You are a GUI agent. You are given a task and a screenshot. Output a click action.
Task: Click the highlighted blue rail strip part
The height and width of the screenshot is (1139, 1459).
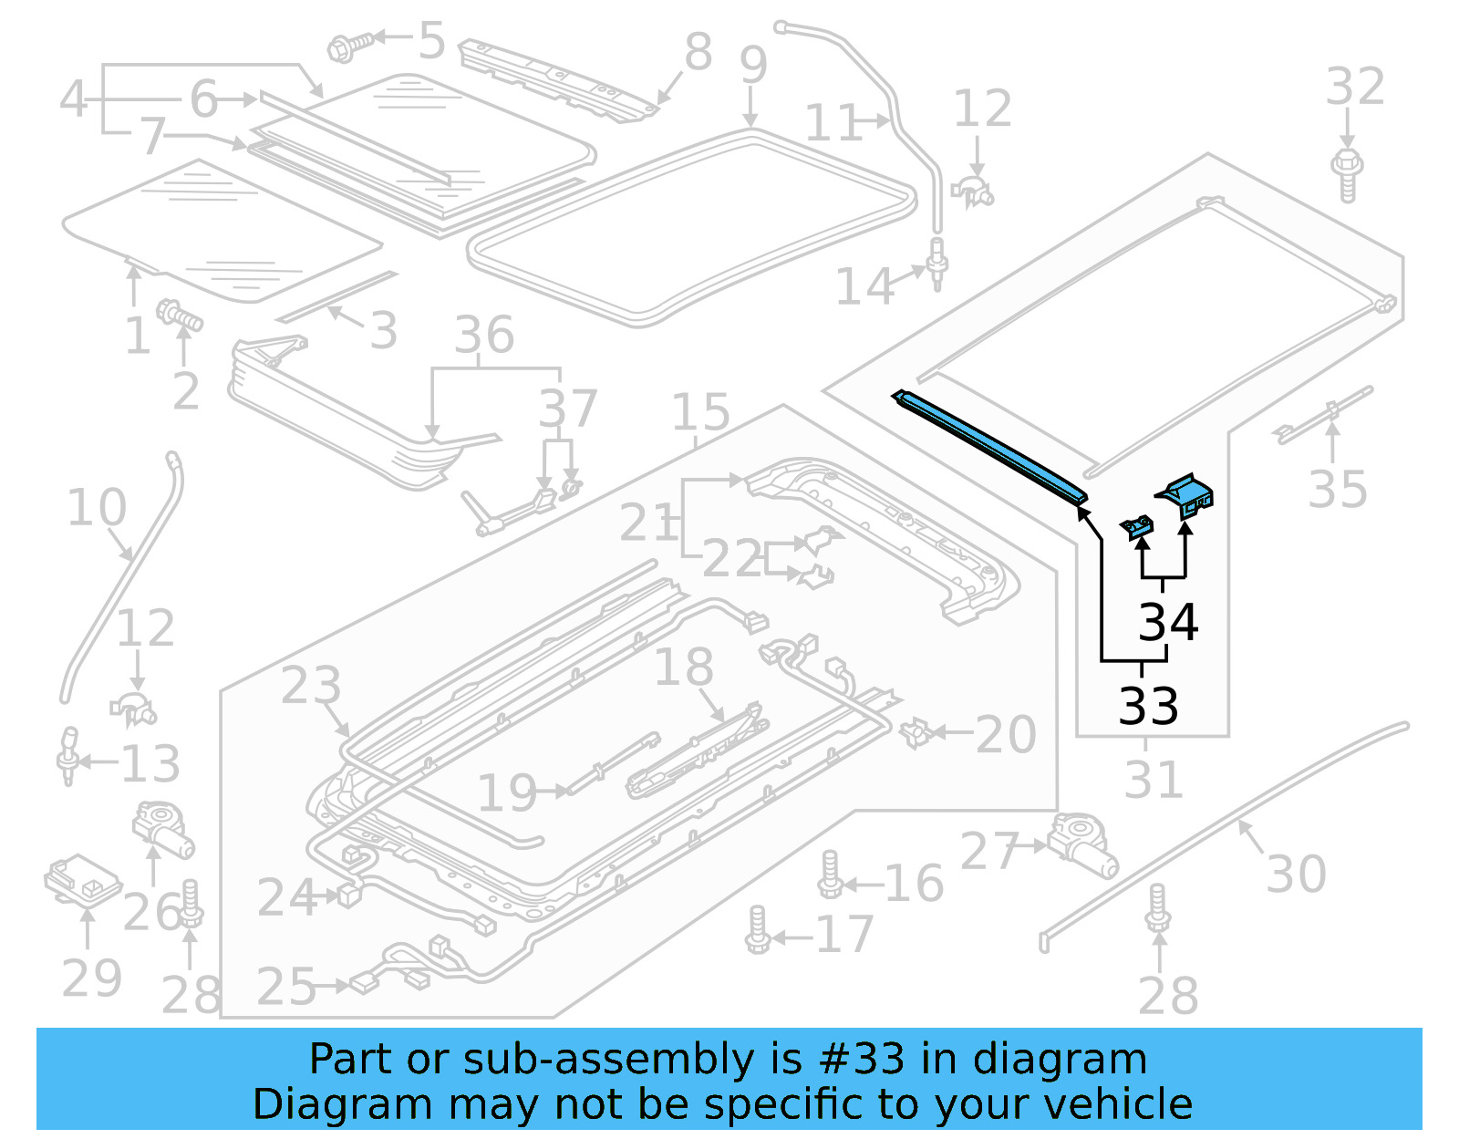(989, 446)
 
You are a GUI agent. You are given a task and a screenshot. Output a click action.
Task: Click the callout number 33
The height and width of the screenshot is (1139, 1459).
(1148, 705)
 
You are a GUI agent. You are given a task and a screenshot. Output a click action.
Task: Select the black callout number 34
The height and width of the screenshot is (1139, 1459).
(1168, 622)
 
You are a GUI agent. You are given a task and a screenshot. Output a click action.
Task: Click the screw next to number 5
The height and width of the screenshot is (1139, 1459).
(350, 45)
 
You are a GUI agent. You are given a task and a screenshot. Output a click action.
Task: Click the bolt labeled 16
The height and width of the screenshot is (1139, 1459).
(831, 876)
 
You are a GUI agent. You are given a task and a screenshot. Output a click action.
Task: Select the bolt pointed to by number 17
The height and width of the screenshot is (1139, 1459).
(757, 930)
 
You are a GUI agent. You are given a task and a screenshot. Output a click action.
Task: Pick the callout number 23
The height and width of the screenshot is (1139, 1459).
(310, 685)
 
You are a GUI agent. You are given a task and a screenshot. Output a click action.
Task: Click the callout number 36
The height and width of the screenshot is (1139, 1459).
(484, 335)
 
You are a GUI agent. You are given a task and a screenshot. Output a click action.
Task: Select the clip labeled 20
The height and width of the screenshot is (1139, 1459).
(916, 731)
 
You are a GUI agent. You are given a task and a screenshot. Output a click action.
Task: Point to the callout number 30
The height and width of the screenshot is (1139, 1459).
(1296, 874)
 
